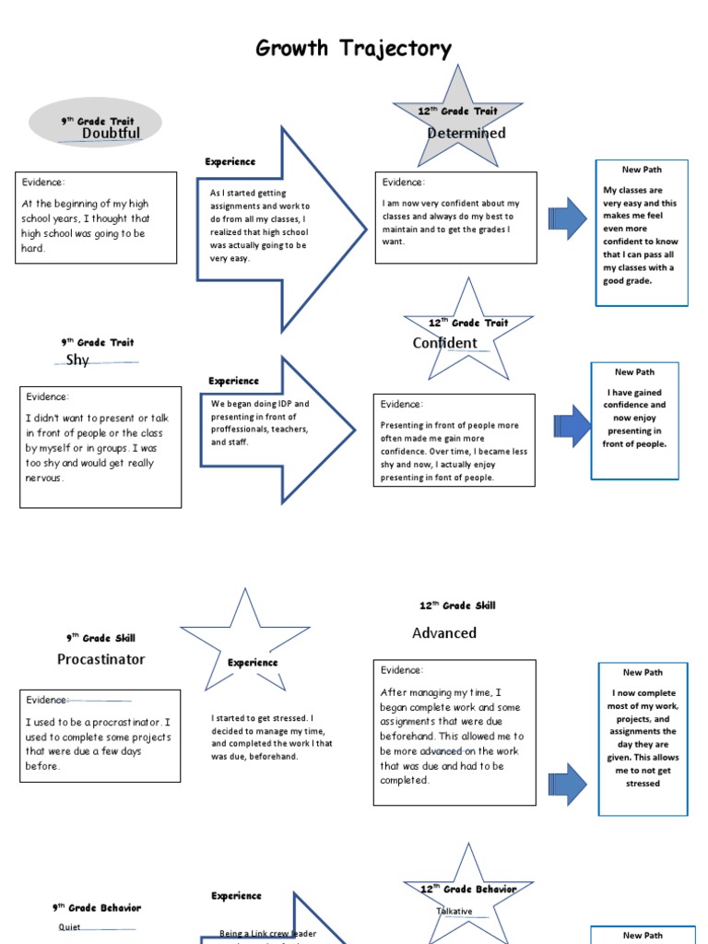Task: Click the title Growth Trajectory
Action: pos(354,49)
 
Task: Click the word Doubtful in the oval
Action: pos(111,133)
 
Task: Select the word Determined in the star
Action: pos(466,134)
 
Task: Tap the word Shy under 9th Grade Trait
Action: pos(77,360)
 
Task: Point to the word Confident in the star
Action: pos(444,344)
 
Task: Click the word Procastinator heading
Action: pos(100,660)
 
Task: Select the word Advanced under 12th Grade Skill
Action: pos(444,633)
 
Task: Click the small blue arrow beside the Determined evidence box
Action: pos(566,219)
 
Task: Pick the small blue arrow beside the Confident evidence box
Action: pos(572,426)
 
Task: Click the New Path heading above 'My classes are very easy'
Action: pos(642,170)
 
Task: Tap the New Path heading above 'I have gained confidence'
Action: pos(634,372)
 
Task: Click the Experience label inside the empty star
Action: pos(253,663)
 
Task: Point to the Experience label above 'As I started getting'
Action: pos(230,162)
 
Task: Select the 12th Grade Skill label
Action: pos(457,606)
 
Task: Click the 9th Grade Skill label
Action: pos(100,638)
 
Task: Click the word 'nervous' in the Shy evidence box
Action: pos(45,478)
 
